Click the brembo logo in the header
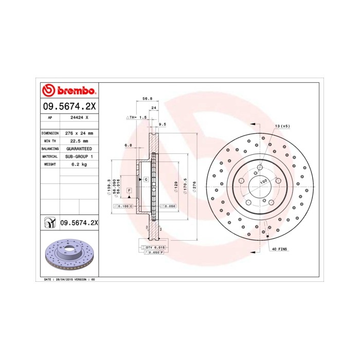(x=68, y=91)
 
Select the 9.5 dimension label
(x=163, y=124)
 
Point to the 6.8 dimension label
(x=128, y=145)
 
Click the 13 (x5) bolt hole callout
(x=282, y=126)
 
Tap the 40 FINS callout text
(x=280, y=249)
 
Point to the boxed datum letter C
(x=146, y=179)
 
